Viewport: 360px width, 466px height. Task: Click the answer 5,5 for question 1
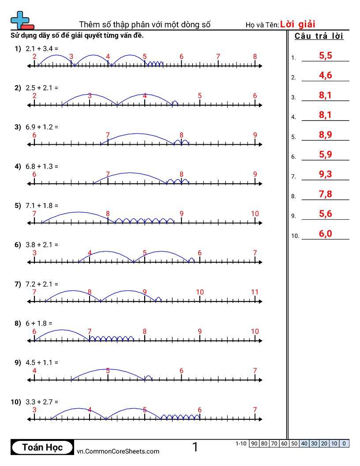point(325,56)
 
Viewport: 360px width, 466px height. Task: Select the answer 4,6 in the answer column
point(325,75)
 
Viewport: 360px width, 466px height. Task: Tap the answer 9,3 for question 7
point(325,174)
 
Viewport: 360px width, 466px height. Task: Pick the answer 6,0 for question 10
point(325,233)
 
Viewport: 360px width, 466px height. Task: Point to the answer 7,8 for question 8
point(325,194)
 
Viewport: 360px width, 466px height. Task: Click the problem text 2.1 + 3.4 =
point(42,49)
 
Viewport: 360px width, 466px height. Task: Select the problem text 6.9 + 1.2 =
point(42,127)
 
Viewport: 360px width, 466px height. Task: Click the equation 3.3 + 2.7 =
point(42,402)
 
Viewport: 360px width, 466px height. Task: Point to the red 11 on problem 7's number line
point(255,292)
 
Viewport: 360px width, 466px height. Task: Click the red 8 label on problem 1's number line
point(255,56)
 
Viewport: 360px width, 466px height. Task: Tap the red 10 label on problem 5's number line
point(255,214)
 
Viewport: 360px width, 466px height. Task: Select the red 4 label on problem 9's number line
point(34,371)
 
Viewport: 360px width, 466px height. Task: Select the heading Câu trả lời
point(319,36)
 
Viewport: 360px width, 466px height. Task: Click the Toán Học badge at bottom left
point(42,447)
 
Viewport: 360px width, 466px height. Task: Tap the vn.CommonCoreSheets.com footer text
point(118,451)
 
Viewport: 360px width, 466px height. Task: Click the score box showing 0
point(344,443)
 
